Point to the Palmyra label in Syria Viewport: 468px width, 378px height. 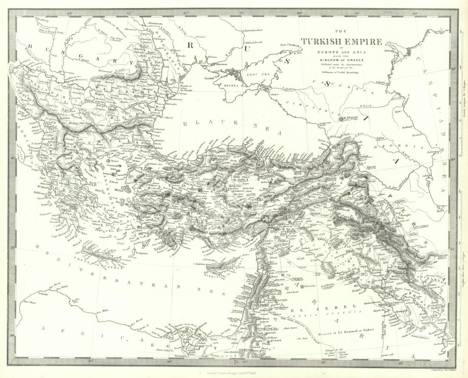click(x=298, y=276)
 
